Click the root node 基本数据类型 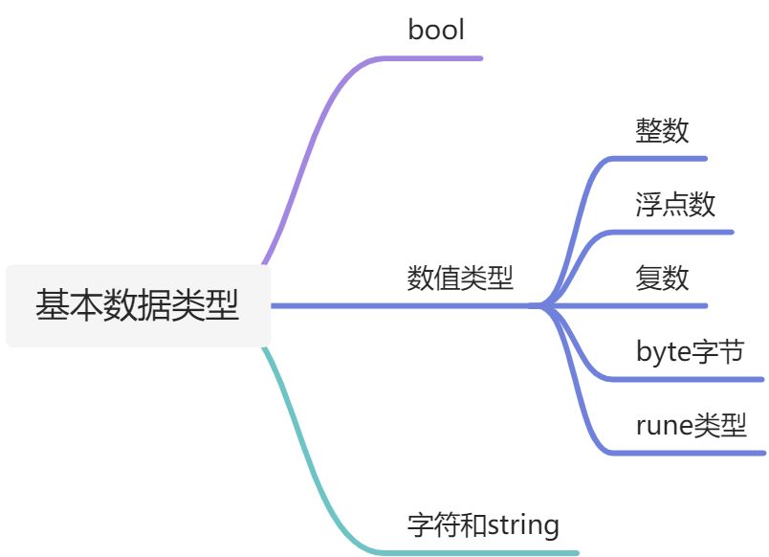click(x=138, y=305)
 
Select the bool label click(x=436, y=30)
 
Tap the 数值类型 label click(x=460, y=278)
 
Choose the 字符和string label click(x=483, y=524)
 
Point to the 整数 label click(x=662, y=130)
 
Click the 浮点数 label click(x=675, y=204)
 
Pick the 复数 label click(x=662, y=278)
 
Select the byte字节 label click(x=690, y=351)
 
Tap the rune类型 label click(x=691, y=425)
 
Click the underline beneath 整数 click(x=660, y=158)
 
